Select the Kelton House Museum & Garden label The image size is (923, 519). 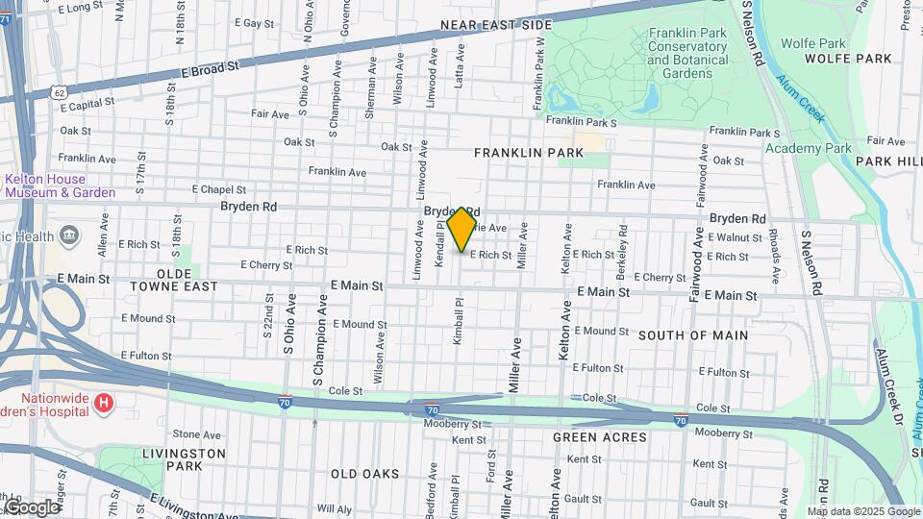(x=60, y=185)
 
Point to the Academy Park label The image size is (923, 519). (x=809, y=148)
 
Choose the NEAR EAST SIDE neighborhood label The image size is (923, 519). (x=496, y=24)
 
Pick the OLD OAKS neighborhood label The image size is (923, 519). (x=364, y=474)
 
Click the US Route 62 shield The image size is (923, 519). (x=60, y=92)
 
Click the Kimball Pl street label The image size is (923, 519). (x=459, y=327)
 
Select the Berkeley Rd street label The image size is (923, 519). (x=624, y=245)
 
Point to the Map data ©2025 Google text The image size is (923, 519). (x=863, y=511)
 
